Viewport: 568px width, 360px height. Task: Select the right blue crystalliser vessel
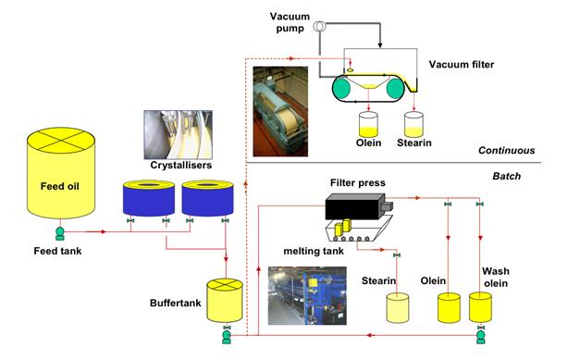pyautogui.click(x=206, y=197)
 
